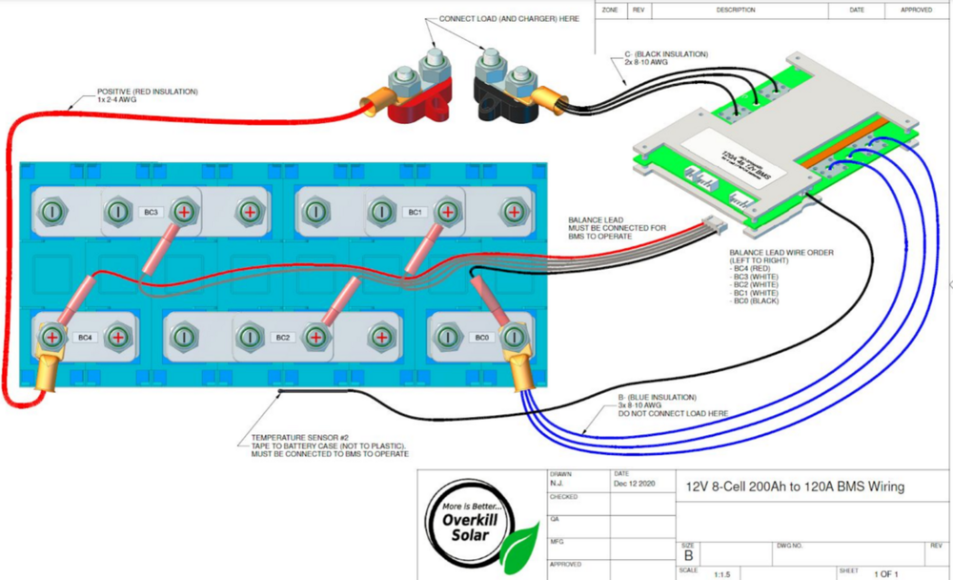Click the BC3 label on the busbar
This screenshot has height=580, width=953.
click(152, 211)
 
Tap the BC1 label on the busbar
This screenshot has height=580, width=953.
click(415, 211)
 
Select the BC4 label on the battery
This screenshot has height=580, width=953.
click(85, 337)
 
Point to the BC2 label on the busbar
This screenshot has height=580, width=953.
click(282, 337)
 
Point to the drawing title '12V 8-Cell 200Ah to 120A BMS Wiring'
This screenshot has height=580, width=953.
click(795, 487)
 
